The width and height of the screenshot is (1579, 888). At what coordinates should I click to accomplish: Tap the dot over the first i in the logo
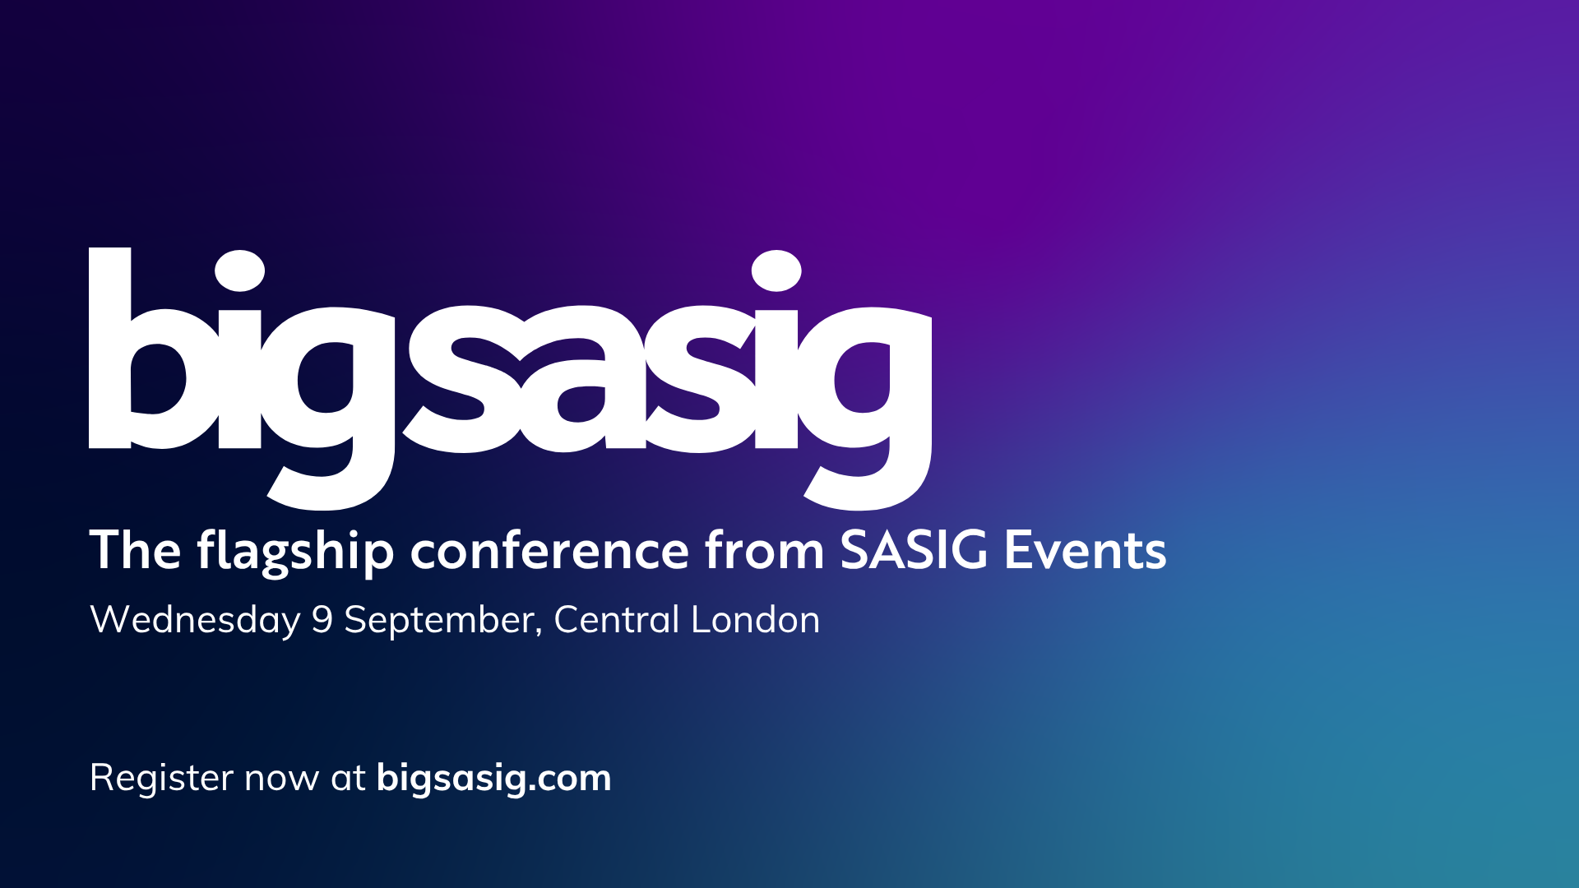[x=239, y=271]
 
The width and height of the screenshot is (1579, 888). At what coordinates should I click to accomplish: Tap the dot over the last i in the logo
[x=776, y=271]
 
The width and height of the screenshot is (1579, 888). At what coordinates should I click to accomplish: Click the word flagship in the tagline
[x=295, y=551]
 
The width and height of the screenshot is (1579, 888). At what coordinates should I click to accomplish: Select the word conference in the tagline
[x=549, y=551]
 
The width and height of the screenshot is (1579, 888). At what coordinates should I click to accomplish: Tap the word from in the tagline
[x=764, y=551]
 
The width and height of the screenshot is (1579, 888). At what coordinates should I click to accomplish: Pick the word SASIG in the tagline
[x=914, y=551]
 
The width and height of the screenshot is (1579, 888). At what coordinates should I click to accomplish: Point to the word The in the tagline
[x=135, y=550]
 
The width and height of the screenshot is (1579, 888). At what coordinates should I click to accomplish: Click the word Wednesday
[x=195, y=621]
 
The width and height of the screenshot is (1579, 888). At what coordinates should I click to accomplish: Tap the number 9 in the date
[x=322, y=620]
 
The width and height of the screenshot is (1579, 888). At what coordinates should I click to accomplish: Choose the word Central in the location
[x=617, y=620]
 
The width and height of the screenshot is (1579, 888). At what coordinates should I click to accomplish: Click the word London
[x=756, y=620]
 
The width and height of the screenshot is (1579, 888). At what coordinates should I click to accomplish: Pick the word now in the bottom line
[x=282, y=780]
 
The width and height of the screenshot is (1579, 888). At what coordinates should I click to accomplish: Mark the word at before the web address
[x=348, y=779]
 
